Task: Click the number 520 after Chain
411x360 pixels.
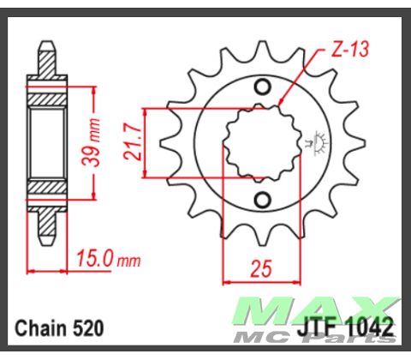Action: [x=88, y=327]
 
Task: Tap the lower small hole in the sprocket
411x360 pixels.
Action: [x=261, y=201]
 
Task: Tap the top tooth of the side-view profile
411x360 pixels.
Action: [x=48, y=56]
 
